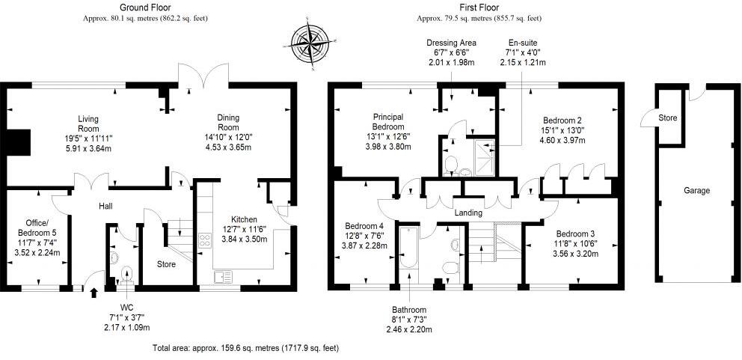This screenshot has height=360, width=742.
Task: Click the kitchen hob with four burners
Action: pos(203,240)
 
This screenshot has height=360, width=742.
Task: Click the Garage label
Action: pos(696,191)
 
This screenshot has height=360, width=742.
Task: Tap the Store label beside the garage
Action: pos(668,118)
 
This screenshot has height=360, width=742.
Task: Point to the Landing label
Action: pos(468,213)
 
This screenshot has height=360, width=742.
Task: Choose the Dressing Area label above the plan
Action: pos(451,43)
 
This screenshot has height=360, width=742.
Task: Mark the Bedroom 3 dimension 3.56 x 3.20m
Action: pos(577,253)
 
